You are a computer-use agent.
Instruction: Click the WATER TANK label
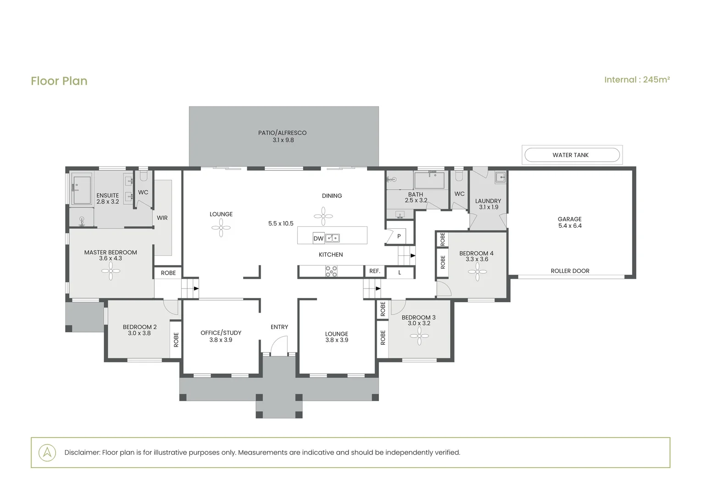click(x=570, y=155)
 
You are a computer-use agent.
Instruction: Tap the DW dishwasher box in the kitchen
click(x=318, y=238)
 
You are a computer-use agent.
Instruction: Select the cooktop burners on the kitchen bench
click(x=331, y=271)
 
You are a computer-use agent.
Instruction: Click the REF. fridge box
click(x=375, y=271)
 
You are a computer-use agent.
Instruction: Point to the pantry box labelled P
click(x=399, y=236)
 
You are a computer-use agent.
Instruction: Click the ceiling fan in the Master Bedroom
click(x=111, y=271)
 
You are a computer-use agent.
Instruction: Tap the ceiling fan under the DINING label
click(x=323, y=216)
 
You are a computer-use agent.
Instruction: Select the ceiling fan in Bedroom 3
click(x=419, y=336)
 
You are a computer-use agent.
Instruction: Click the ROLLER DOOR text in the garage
click(x=570, y=271)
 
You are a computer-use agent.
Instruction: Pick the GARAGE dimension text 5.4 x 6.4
click(x=570, y=225)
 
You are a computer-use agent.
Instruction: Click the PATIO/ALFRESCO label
click(x=282, y=133)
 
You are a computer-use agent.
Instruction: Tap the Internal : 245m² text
click(x=637, y=80)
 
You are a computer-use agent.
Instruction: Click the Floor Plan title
click(x=59, y=81)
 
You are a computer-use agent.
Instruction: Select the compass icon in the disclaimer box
click(x=47, y=452)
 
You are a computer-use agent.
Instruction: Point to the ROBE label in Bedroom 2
click(x=176, y=340)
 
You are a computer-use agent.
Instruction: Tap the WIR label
click(x=162, y=218)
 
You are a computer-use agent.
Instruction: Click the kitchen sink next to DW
click(x=332, y=238)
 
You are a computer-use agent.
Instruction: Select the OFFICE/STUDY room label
click(x=221, y=333)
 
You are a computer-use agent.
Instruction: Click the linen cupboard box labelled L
click(x=400, y=273)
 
